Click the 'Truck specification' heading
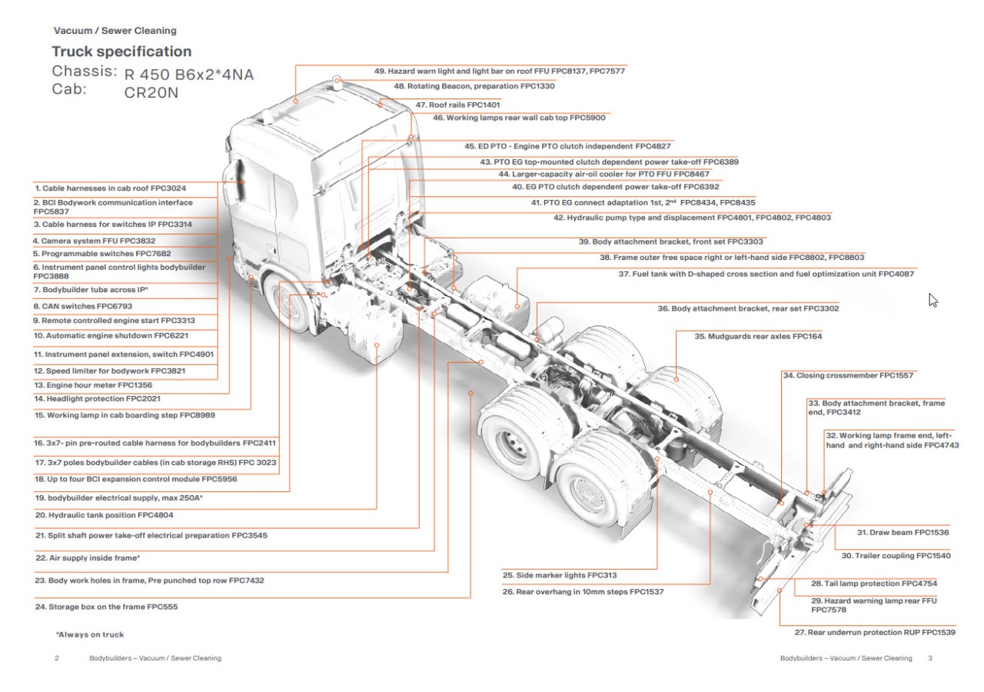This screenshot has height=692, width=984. pos(121,52)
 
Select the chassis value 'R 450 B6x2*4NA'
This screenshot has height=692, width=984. pos(188,75)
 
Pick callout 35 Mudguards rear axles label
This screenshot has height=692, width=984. pos(746,336)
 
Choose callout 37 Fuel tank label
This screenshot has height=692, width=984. pos(766,273)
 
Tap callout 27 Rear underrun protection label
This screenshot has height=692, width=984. pos(875,632)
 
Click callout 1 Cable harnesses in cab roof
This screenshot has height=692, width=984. pos(110,188)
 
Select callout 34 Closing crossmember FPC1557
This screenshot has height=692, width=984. pos(848,376)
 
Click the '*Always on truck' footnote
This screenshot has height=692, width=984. pos(89,634)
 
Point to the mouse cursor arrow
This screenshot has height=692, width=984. pos(933,300)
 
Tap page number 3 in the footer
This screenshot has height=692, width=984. pos(930,658)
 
